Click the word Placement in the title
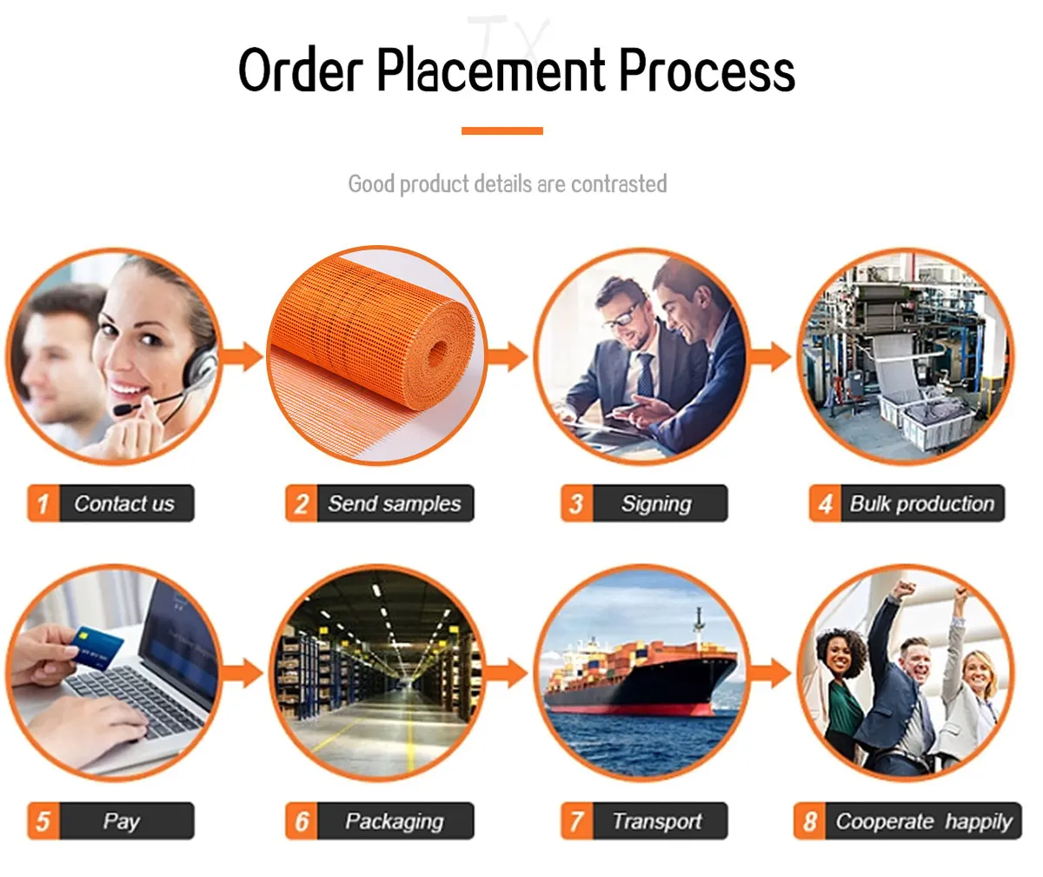491,71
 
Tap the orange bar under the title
502,130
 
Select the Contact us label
124,503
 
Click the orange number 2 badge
301,504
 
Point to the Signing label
656,503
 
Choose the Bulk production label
921,503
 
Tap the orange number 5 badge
43,821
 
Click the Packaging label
394,821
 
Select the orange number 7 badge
575,821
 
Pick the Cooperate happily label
923,821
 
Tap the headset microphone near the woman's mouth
124,407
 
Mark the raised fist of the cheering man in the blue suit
903,590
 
